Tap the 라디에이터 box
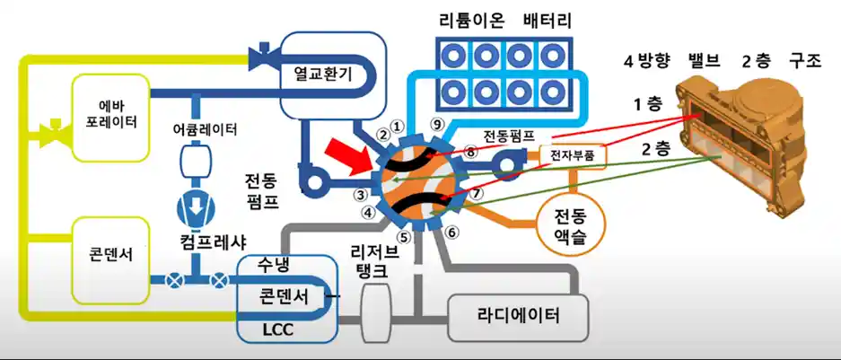click(x=519, y=315)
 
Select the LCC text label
click(x=278, y=330)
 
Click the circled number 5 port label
click(x=405, y=238)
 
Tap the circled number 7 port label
click(x=477, y=192)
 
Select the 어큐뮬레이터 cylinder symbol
click(x=195, y=162)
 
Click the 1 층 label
click(x=647, y=104)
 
